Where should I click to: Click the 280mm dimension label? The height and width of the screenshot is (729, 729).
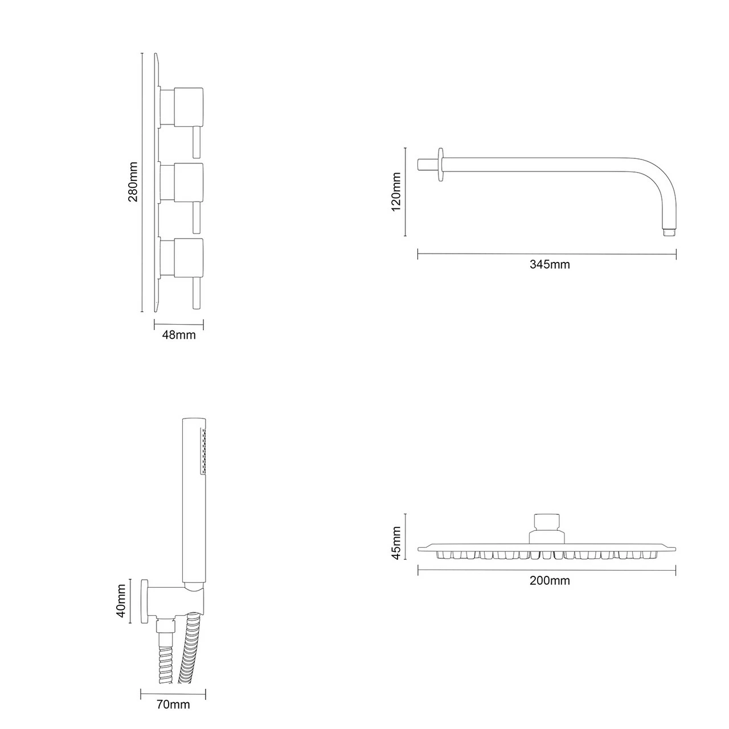[133, 182]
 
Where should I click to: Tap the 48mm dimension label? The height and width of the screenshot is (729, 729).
[179, 335]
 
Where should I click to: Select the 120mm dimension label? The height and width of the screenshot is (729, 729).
[396, 191]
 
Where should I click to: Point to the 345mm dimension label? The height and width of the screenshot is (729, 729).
[550, 264]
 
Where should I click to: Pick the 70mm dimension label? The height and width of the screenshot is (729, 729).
[173, 705]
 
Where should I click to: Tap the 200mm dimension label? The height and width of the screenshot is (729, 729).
[550, 581]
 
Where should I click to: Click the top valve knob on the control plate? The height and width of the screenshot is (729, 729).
[189, 107]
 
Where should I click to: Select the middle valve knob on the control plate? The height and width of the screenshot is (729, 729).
[189, 182]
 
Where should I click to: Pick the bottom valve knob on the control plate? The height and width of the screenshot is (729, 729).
[189, 257]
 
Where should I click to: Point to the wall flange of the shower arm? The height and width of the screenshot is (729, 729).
[440, 165]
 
